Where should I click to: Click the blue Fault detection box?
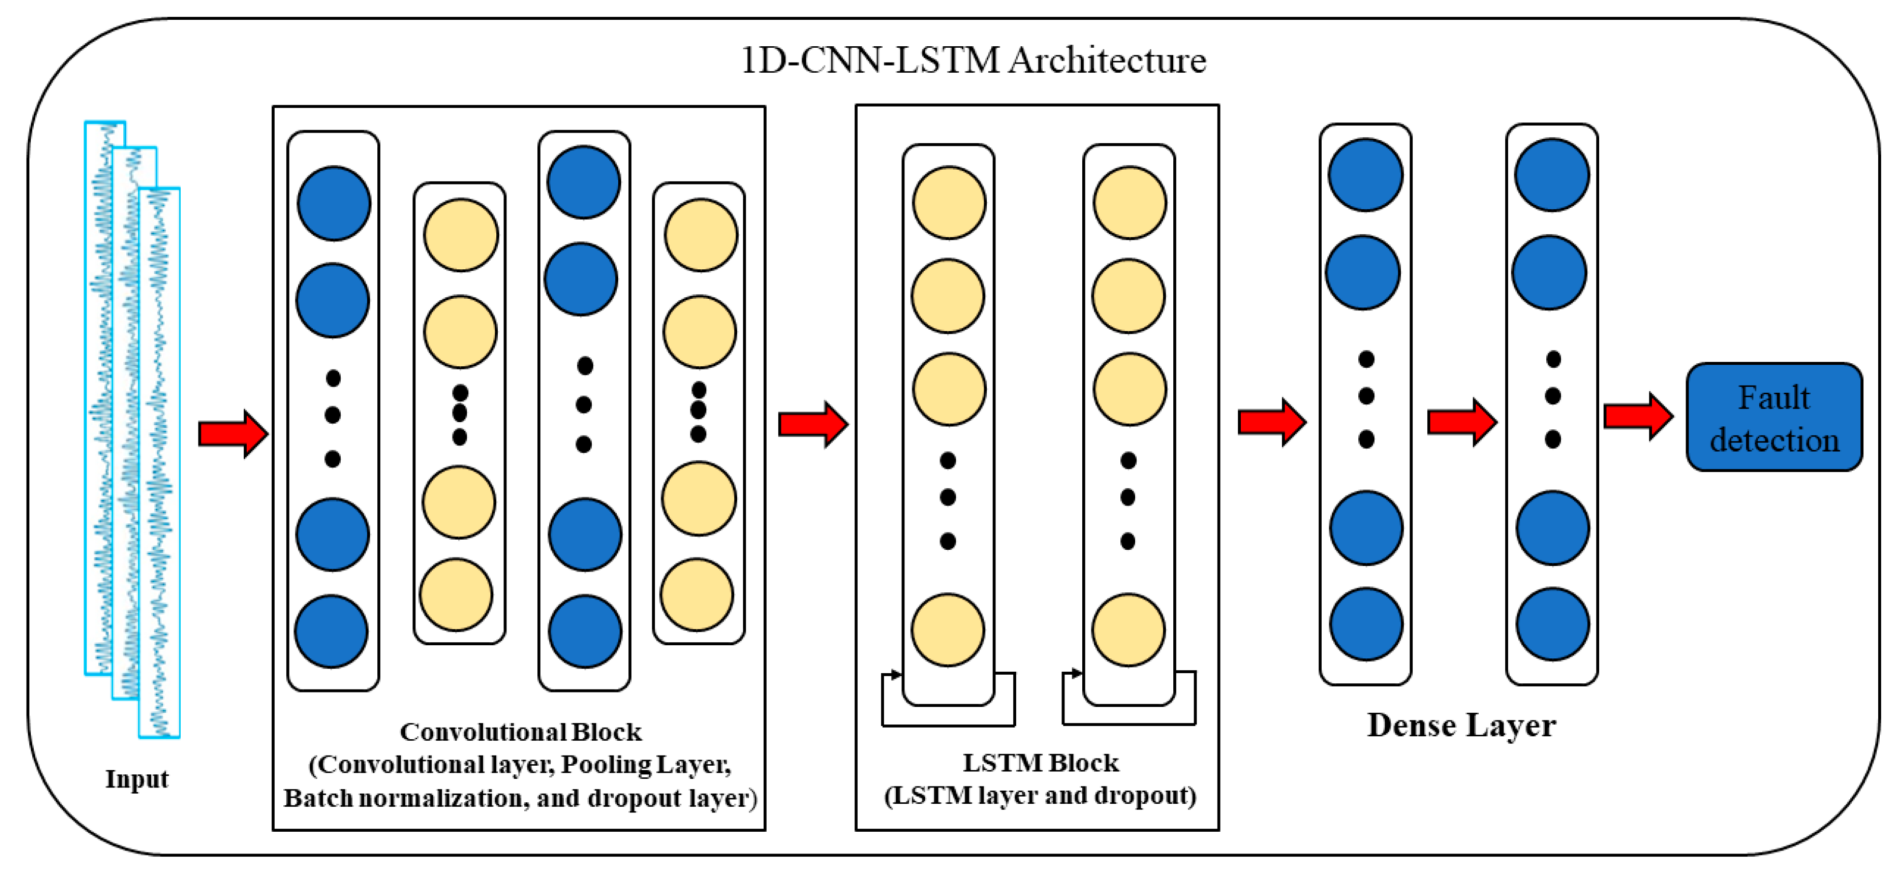1774,418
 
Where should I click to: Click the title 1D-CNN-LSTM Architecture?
972,60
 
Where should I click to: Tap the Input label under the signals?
137,779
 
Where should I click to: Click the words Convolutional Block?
520,732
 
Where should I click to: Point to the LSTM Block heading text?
1040,762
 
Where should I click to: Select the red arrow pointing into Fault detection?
1638,416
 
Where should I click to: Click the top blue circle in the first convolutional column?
334,203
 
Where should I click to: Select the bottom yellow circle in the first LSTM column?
947,630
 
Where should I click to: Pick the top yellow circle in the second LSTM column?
1129,202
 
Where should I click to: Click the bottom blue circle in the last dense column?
1553,624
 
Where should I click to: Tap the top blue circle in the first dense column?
1365,174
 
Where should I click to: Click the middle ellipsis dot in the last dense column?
1553,396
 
